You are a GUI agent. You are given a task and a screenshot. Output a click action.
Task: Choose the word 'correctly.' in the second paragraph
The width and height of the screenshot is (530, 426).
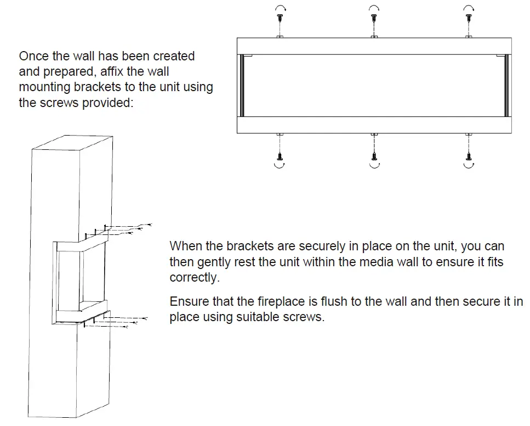[x=194, y=278]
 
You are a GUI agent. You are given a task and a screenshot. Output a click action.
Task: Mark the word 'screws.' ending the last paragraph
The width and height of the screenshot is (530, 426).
[x=305, y=318]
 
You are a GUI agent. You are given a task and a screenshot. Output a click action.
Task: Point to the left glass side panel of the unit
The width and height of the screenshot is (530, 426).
[x=240, y=86]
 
